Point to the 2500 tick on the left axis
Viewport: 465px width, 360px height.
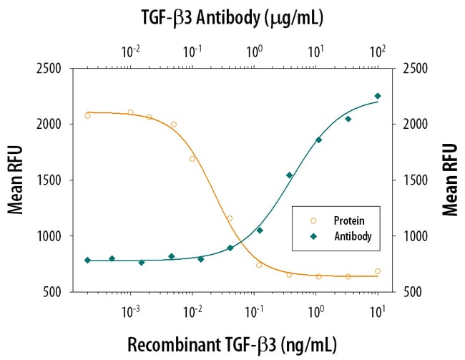48,69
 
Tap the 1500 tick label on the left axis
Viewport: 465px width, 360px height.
48,180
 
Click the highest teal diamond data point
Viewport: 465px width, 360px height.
378,96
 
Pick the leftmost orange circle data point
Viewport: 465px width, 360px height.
87,115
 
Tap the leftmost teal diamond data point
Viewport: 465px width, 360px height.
87,260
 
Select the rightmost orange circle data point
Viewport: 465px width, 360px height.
378,271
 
